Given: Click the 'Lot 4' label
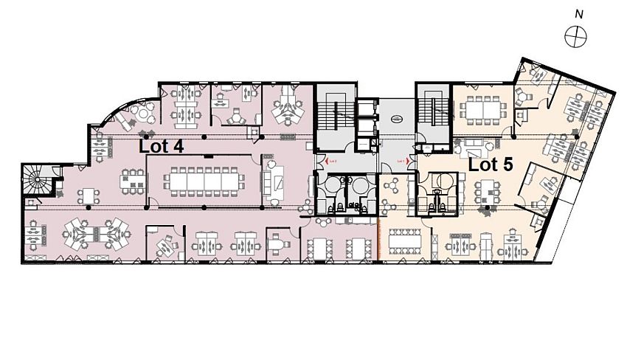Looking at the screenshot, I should pos(161,146).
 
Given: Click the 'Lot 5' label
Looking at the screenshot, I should pos(491,165).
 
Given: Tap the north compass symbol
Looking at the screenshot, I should pos(574,35).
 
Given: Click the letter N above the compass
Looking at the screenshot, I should pos(579,13).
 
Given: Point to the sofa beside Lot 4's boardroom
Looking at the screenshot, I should pos(277,181).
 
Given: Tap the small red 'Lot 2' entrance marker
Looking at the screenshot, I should pos(330,159).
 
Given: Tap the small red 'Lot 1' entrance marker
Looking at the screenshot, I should pos(402,159).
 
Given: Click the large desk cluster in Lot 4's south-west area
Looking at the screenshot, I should pos(90,234).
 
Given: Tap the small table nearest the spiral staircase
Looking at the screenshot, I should pos(90,195).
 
